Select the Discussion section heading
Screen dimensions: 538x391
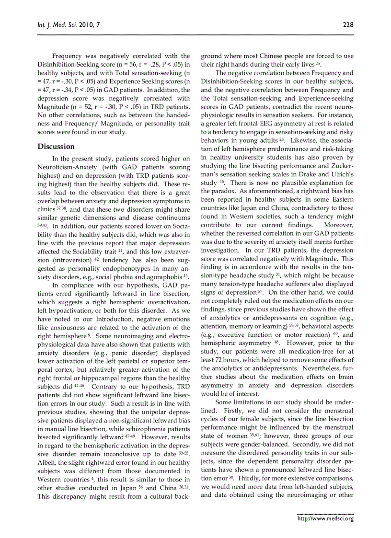click(x=56, y=147)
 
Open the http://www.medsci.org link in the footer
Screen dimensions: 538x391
click(x=325, y=518)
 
